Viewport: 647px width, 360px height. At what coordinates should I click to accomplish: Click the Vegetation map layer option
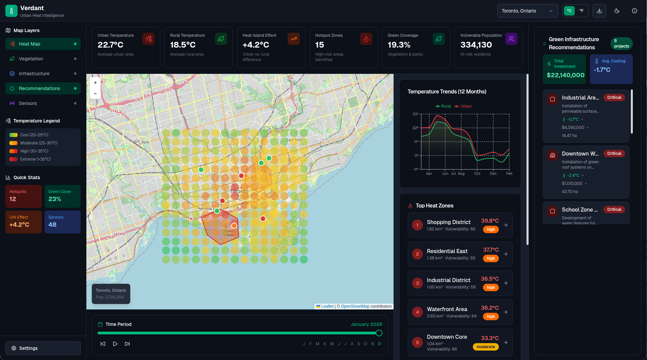pyautogui.click(x=31, y=59)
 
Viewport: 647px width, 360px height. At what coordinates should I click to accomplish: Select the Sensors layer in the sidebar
pyautogui.click(x=28, y=103)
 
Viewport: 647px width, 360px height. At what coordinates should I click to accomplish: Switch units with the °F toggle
pyautogui.click(x=582, y=11)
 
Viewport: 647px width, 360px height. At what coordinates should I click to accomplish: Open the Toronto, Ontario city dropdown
pyautogui.click(x=527, y=11)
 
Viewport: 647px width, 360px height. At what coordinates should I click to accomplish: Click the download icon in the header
pyautogui.click(x=599, y=11)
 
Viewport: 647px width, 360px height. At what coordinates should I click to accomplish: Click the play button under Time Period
pyautogui.click(x=115, y=344)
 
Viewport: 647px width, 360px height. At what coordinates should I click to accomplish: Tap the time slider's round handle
pyautogui.click(x=379, y=333)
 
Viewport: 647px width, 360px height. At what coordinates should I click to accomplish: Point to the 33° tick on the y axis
pyautogui.click(x=415, y=114)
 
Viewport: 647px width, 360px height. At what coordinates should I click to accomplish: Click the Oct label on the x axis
pyautogui.click(x=477, y=173)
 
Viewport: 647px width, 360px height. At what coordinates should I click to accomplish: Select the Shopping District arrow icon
pyautogui.click(x=506, y=225)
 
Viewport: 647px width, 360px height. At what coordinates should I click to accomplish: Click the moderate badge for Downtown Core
pyautogui.click(x=486, y=347)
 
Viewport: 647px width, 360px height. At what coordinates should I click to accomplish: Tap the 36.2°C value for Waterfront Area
pyautogui.click(x=490, y=308)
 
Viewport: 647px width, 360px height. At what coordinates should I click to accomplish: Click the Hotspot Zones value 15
pyautogui.click(x=319, y=45)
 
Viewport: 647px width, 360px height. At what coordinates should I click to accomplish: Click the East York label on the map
pyautogui.click(x=294, y=140)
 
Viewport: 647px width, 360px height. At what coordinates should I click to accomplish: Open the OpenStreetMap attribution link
pyautogui.click(x=355, y=306)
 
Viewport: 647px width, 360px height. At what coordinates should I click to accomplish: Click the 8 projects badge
pyautogui.click(x=621, y=44)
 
